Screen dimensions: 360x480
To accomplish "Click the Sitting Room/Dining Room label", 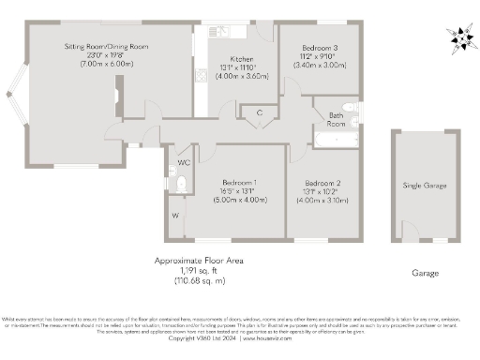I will (x=107, y=45).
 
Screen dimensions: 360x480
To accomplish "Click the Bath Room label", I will (x=335, y=118).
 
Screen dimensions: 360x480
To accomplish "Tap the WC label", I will (x=184, y=162).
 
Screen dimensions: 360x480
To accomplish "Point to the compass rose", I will (x=459, y=37).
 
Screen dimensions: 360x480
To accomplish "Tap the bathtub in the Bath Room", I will (x=332, y=140).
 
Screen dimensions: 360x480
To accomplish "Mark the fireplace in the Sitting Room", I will (x=115, y=95).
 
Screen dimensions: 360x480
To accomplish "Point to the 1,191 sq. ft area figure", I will (x=197, y=271).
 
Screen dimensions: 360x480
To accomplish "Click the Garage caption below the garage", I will (x=425, y=275).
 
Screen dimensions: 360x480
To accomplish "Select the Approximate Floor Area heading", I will (x=198, y=261).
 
